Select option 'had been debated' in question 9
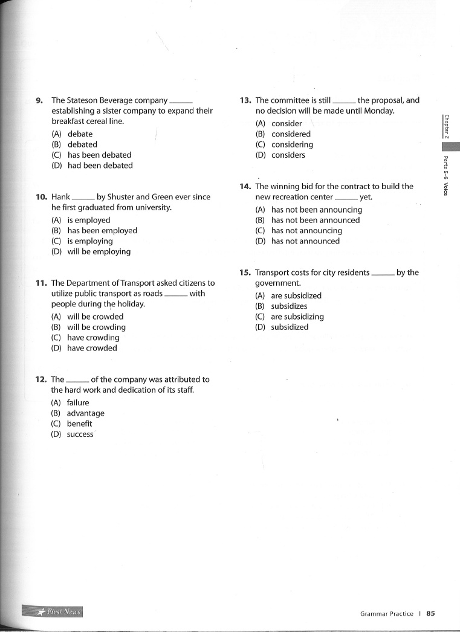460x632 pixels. [x=100, y=166]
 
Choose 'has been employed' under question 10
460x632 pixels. [x=102, y=231]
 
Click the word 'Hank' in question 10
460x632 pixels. [x=61, y=197]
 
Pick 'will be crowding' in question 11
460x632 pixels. [x=96, y=327]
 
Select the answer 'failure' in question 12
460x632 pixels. [x=77, y=403]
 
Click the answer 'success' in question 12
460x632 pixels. [x=80, y=434]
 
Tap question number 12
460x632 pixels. [x=41, y=379]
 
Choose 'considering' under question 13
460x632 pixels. [x=292, y=145]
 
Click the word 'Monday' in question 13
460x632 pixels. [x=380, y=111]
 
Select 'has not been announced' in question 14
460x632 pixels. [x=315, y=221]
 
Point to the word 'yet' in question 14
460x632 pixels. [x=365, y=197]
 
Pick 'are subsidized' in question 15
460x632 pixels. [x=296, y=296]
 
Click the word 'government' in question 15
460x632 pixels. [x=277, y=283]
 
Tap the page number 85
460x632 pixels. [x=430, y=614]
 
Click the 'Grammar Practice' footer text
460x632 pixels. [x=386, y=614]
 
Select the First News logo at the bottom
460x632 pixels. [x=53, y=611]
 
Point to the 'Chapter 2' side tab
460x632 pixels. [x=446, y=126]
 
